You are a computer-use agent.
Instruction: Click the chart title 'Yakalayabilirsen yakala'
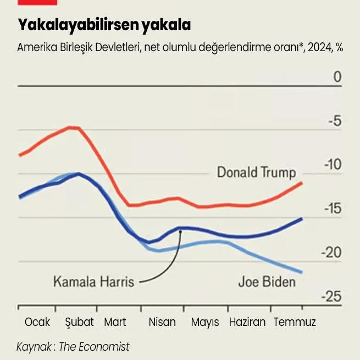[104, 25]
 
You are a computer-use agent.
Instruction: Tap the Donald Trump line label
[256, 172]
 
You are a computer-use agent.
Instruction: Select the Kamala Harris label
[93, 283]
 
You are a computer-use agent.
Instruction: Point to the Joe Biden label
[267, 283]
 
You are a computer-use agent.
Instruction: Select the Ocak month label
[37, 322]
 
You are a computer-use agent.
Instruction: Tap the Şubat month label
[79, 322]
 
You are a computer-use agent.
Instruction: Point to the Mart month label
[115, 322]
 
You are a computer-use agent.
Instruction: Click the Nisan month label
[162, 322]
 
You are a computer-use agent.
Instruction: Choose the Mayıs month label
[205, 322]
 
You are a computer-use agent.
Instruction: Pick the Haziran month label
[247, 322]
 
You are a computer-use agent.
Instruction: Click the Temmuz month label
[295, 322]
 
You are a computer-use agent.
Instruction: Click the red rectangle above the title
[37, 2]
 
